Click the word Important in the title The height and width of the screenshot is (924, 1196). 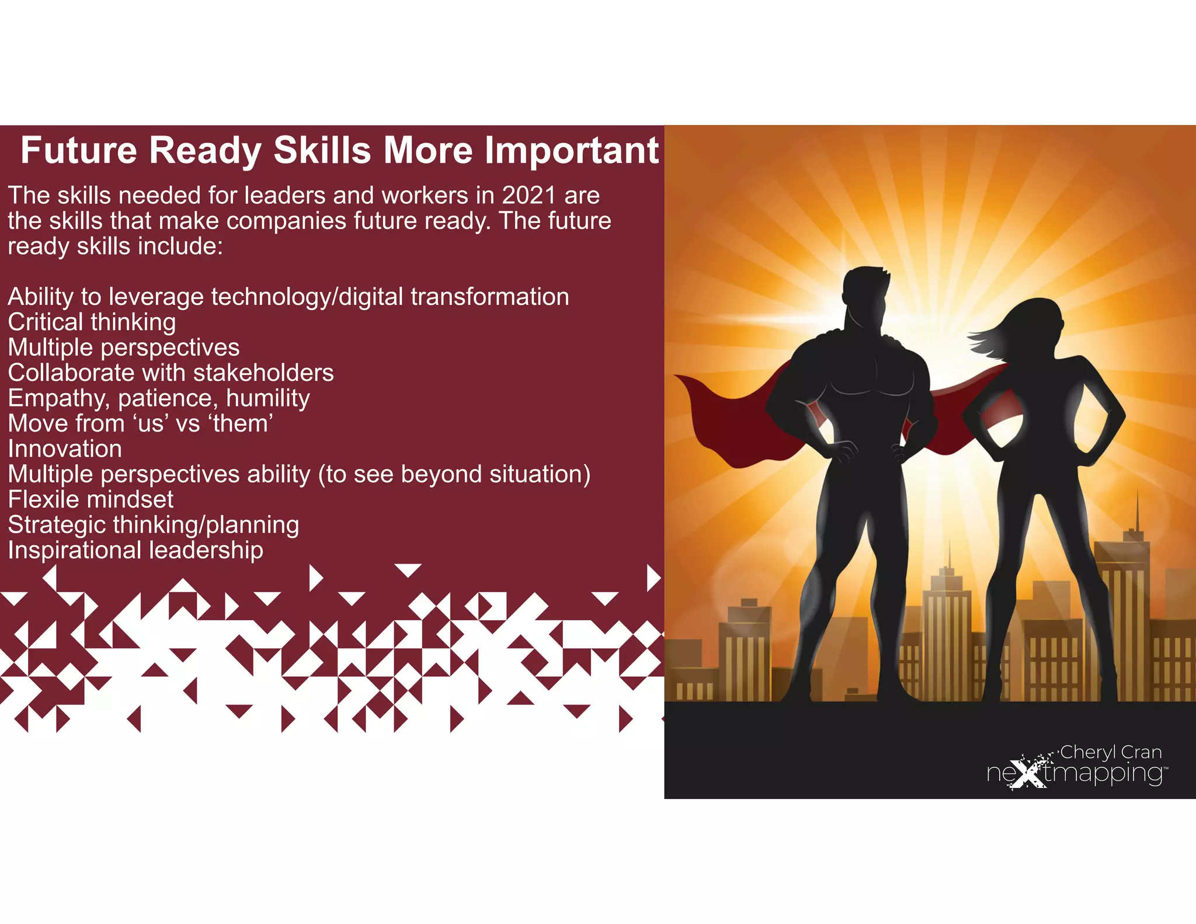pos(572,151)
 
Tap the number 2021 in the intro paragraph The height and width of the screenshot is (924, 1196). pos(529,196)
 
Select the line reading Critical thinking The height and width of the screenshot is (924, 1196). pos(92,322)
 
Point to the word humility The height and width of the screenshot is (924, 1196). pos(268,398)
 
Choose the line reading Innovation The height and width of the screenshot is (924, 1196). pos(65,449)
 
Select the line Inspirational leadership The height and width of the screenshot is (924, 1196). pos(135,550)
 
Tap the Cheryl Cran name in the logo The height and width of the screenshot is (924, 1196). pos(1110,752)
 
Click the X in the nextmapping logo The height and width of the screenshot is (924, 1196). pos(1028,774)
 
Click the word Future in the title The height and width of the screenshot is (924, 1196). pos(79,151)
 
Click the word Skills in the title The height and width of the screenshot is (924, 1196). pos(322,151)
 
